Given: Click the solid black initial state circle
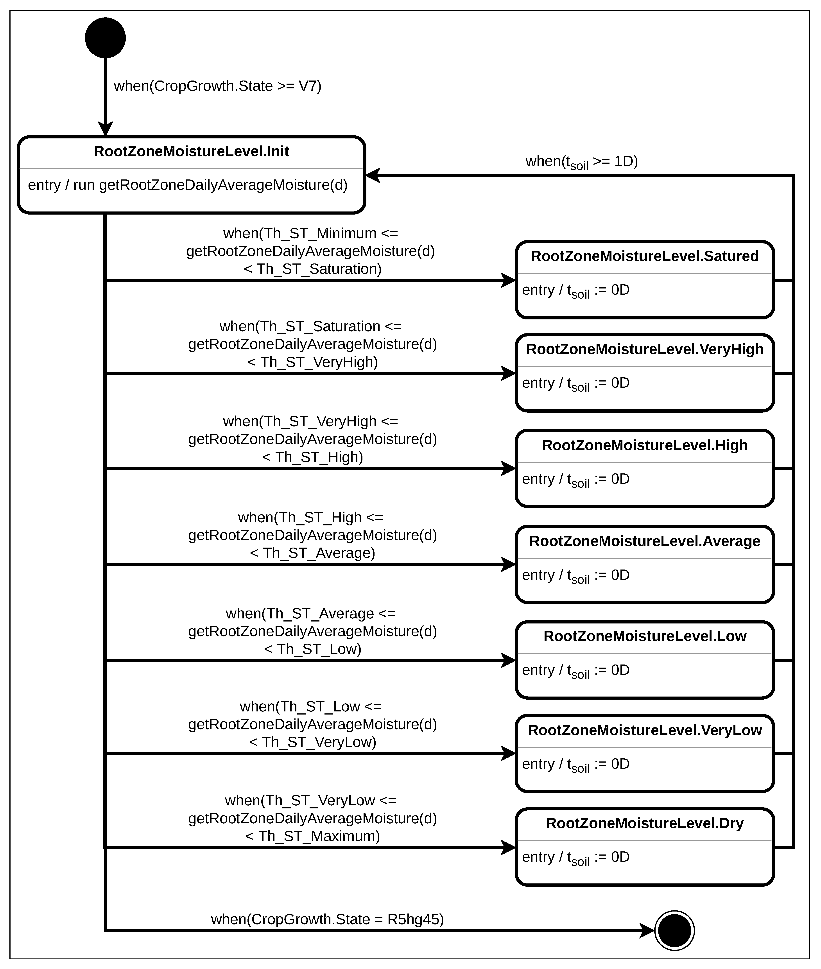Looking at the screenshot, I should point(105,38).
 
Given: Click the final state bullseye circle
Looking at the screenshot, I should point(674,930).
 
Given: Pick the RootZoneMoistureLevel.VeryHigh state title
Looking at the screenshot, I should point(645,349).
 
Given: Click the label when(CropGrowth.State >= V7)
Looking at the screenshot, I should point(217,86).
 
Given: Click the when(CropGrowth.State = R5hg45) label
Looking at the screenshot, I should point(327,919).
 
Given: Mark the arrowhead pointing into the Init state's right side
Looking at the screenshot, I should point(373,176).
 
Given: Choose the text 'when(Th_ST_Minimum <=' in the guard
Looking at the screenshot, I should point(310,233).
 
